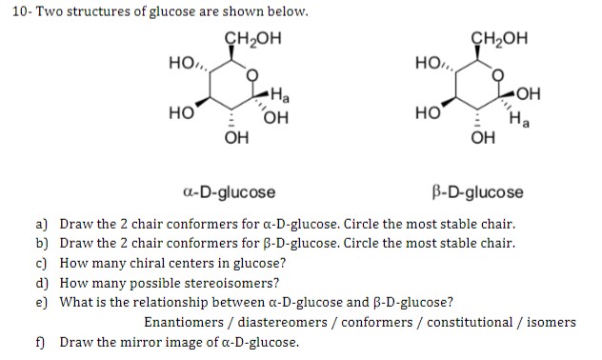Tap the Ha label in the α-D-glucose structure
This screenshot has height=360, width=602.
coord(280,95)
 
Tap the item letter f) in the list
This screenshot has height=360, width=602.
coord(42,341)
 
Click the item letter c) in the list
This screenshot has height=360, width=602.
coord(42,263)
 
